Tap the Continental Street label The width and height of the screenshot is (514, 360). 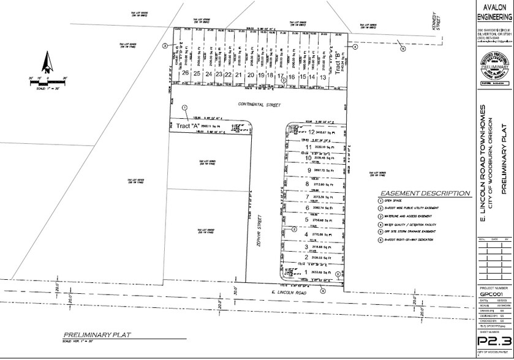click(x=260, y=105)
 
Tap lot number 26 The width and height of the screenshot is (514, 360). click(x=185, y=75)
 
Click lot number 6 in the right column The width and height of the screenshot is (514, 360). click(x=306, y=208)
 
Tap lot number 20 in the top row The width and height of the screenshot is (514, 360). click(x=251, y=75)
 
